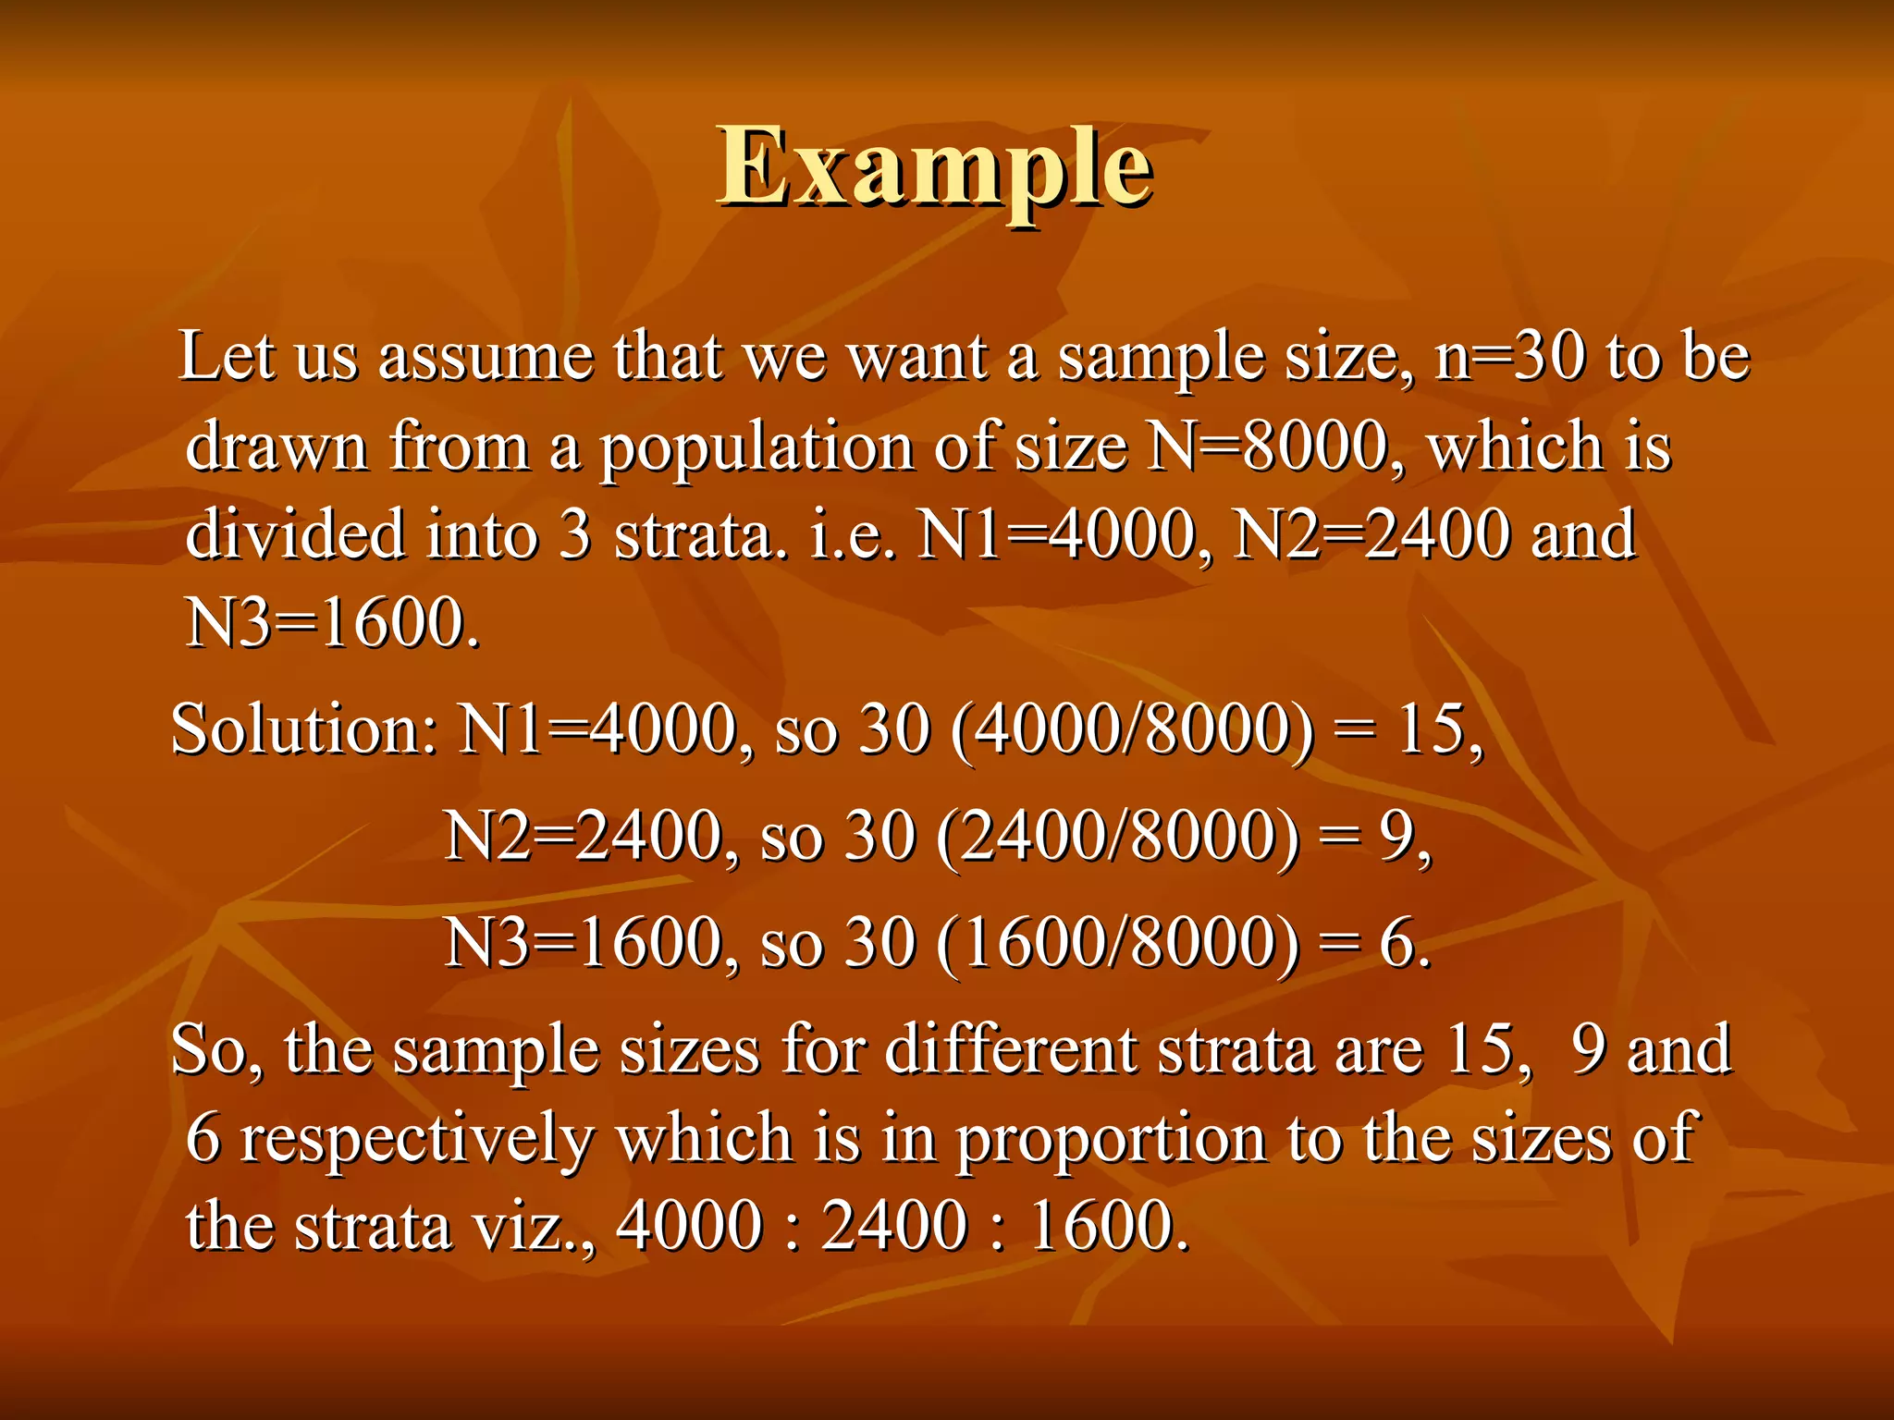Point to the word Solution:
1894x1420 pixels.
point(303,730)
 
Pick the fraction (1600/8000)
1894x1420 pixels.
point(1117,944)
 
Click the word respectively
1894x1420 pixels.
point(416,1140)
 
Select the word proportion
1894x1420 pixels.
point(1111,1140)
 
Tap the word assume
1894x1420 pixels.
point(486,358)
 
